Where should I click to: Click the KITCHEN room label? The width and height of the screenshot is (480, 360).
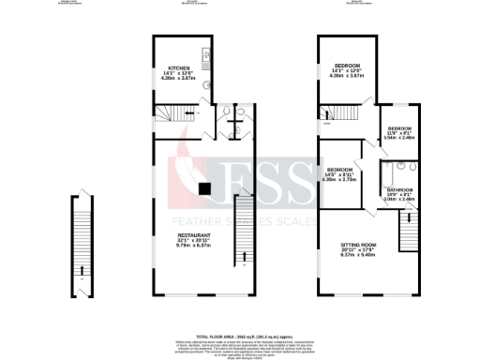[x=179, y=68]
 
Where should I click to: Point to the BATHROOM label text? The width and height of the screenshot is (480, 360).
[x=399, y=188]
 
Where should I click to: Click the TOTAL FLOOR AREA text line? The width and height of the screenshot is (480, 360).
[x=240, y=308]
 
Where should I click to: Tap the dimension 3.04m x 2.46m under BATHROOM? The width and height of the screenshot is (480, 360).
[x=399, y=200]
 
